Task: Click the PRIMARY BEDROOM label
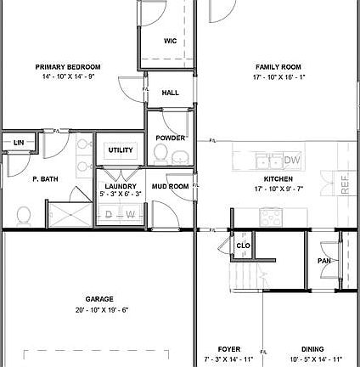[68, 67]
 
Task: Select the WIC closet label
[170, 41]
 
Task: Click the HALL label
[170, 93]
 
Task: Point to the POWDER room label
[170, 138]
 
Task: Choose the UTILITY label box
[121, 150]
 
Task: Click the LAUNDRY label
[120, 185]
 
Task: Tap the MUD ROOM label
[170, 186]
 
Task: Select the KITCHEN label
[278, 179]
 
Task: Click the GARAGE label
[99, 299]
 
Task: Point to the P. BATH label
[45, 179]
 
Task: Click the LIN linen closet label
[18, 143]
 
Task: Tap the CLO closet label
[243, 246]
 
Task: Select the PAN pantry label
[323, 261]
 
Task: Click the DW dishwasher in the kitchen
[292, 160]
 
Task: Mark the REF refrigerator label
[345, 184]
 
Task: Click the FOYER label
[229, 349]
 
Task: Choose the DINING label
[313, 349]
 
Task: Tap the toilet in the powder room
[160, 154]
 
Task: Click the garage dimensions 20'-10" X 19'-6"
[99, 310]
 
